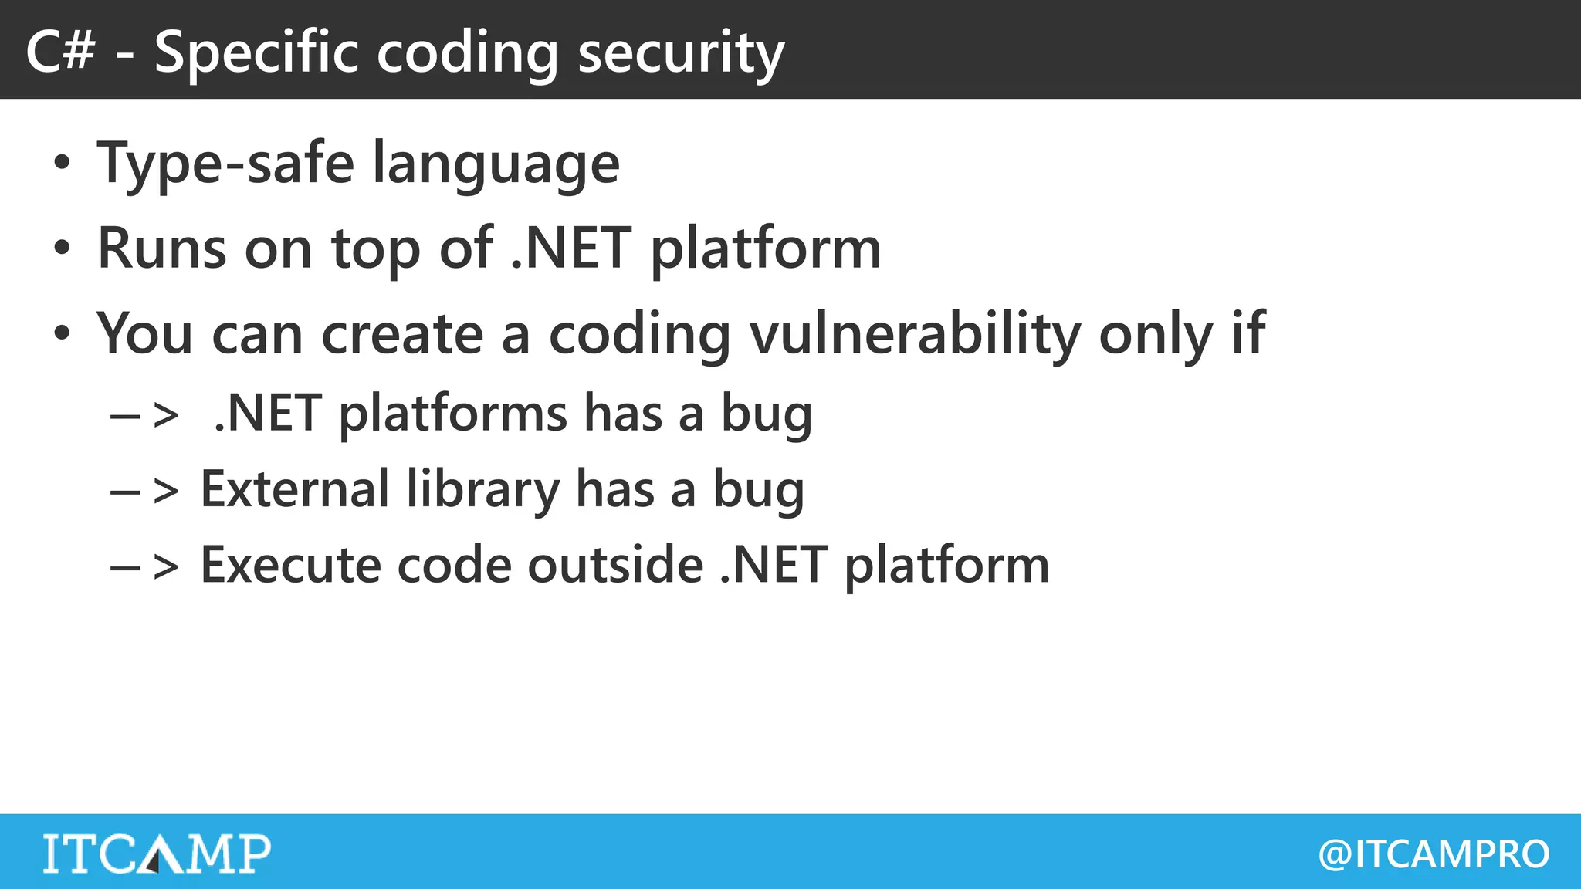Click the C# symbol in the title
[x=61, y=52]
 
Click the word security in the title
[x=681, y=54]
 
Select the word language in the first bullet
[x=496, y=166]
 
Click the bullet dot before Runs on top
[x=62, y=248]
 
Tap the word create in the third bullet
[x=402, y=334]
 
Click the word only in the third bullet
[x=1155, y=336]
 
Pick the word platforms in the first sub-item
[x=453, y=414]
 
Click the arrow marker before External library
[x=145, y=491]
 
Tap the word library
[x=482, y=491]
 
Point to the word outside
[x=615, y=565]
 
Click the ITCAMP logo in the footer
[x=157, y=853]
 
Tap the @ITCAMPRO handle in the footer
[x=1434, y=854]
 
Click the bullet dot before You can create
[x=62, y=334]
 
